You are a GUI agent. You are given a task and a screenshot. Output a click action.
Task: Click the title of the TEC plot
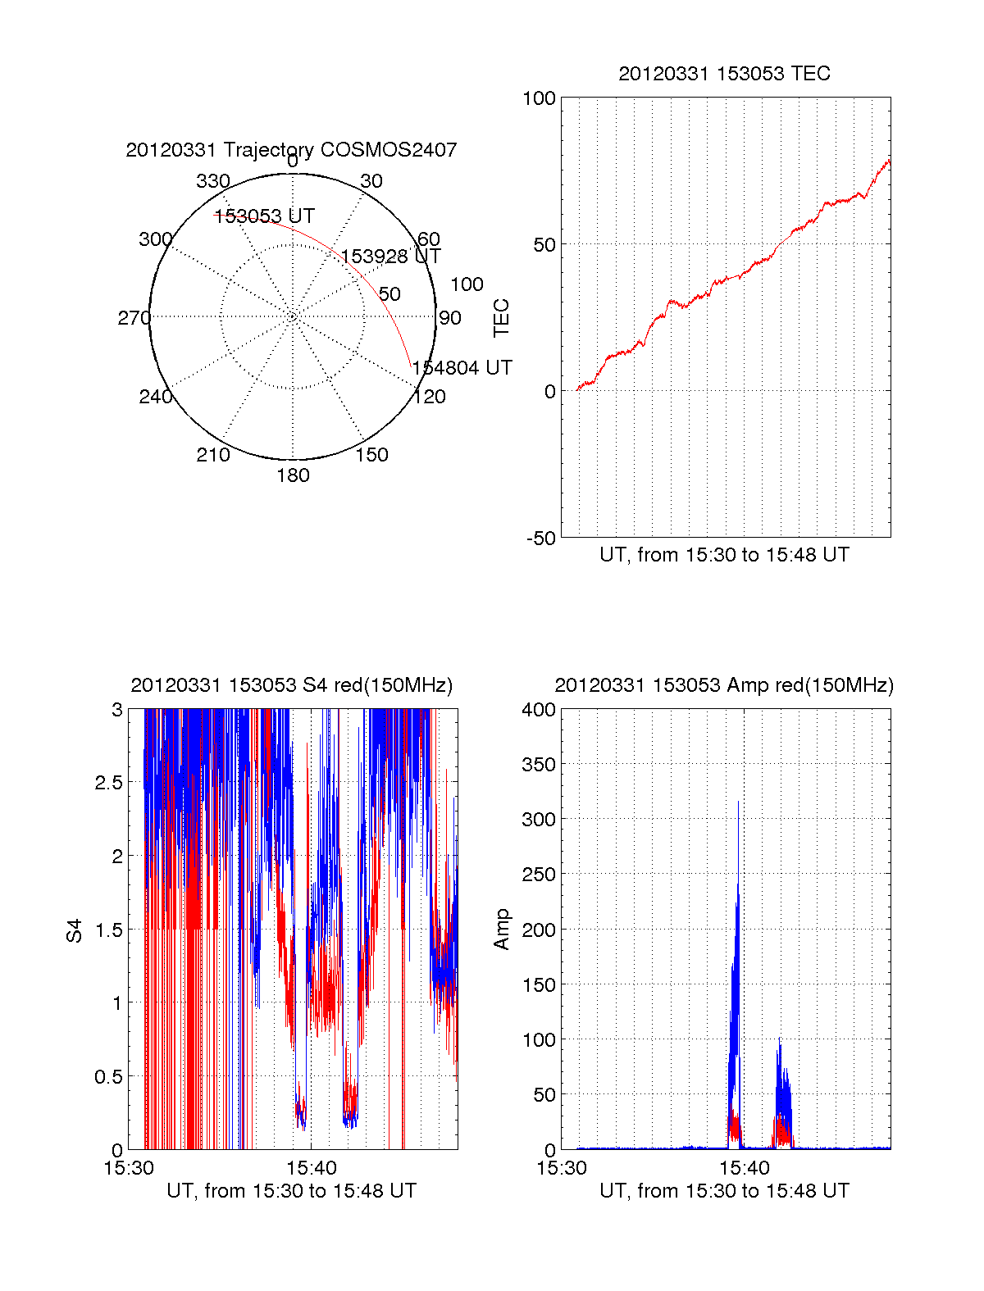(724, 74)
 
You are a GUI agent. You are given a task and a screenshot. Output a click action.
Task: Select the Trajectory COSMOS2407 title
(291, 150)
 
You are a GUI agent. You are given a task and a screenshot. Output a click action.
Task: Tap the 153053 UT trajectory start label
(264, 216)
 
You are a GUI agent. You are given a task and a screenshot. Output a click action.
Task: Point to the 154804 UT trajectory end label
(462, 368)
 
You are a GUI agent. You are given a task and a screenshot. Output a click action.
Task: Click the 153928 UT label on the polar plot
(390, 257)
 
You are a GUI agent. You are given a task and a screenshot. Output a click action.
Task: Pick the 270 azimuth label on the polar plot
(134, 318)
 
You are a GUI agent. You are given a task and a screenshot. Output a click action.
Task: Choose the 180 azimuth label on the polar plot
(293, 475)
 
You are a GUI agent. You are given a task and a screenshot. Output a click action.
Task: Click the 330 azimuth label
(213, 181)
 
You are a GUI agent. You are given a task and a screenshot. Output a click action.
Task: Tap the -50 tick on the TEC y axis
(541, 539)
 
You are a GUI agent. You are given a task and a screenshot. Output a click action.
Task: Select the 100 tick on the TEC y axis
(539, 99)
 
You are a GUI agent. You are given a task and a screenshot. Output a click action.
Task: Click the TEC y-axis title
(501, 318)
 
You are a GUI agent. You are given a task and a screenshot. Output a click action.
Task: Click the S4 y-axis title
(75, 930)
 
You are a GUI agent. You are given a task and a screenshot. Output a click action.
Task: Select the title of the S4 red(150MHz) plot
(291, 685)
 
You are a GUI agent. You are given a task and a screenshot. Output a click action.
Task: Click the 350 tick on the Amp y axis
(539, 765)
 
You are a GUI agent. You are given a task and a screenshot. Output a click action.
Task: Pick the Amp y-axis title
(501, 930)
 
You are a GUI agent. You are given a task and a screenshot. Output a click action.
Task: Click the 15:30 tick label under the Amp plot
(562, 1168)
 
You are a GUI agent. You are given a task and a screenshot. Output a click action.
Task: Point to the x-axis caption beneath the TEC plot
(724, 555)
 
